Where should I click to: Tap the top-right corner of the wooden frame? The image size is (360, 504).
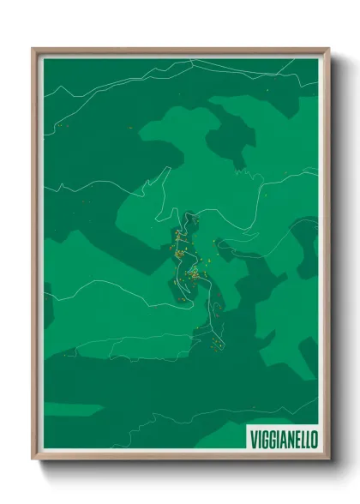[x=327, y=50]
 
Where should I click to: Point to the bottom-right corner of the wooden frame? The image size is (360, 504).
[x=327, y=459]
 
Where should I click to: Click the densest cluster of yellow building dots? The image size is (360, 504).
[x=195, y=274]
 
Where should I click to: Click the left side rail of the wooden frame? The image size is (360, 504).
[x=36, y=257]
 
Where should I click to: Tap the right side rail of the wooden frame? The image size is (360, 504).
[x=326, y=257]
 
